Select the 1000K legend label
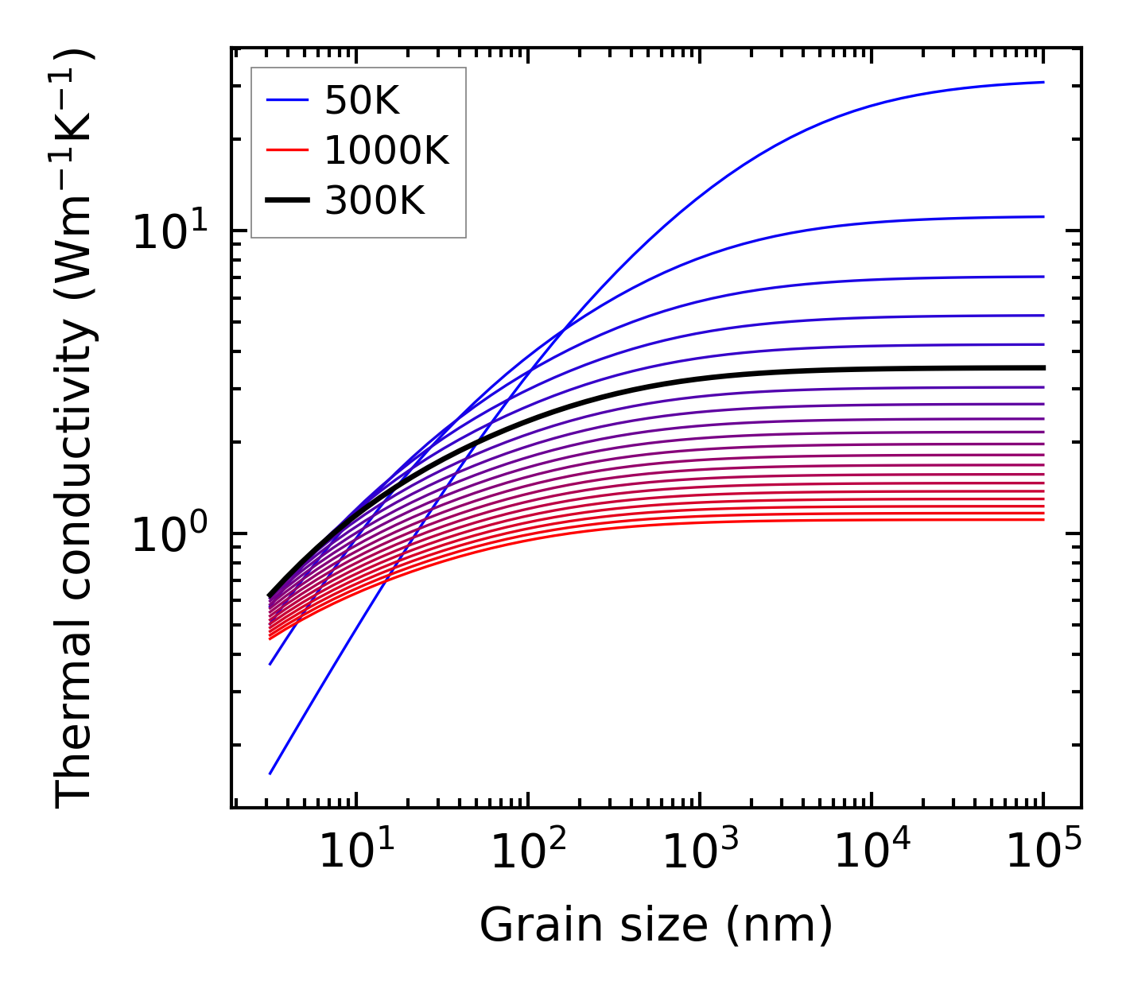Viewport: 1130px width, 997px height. pos(386,150)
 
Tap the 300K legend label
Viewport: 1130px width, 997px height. pos(375,201)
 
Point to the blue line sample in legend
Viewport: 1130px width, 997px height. pos(286,100)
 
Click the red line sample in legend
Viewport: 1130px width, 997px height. pos(286,150)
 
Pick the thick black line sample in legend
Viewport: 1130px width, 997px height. pos(286,201)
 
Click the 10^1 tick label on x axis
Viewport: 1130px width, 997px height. pos(355,852)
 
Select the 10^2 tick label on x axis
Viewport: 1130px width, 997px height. pos(527,852)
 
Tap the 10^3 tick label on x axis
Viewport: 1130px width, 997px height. pos(699,852)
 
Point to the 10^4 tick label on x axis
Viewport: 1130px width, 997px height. pos(872,852)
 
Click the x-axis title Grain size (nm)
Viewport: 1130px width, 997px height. pos(656,925)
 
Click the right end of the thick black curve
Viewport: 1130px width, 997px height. pos(1043,367)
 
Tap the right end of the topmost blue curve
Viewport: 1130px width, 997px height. pos(1043,82)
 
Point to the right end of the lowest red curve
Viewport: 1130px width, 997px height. pos(1043,519)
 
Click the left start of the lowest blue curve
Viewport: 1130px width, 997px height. pos(270,773)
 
